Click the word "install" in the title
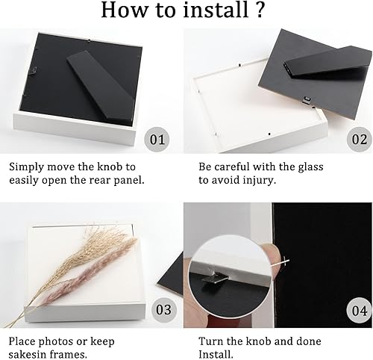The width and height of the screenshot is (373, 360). point(216,10)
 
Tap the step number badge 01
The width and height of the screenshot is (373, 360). point(157,139)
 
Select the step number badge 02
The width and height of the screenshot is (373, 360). point(360,139)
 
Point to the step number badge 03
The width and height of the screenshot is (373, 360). point(164,310)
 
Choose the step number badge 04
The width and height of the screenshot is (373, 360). point(360,311)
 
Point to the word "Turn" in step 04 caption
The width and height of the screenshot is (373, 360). point(210,341)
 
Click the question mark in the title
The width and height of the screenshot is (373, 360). point(260,10)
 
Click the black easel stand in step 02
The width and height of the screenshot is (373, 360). point(327,63)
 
